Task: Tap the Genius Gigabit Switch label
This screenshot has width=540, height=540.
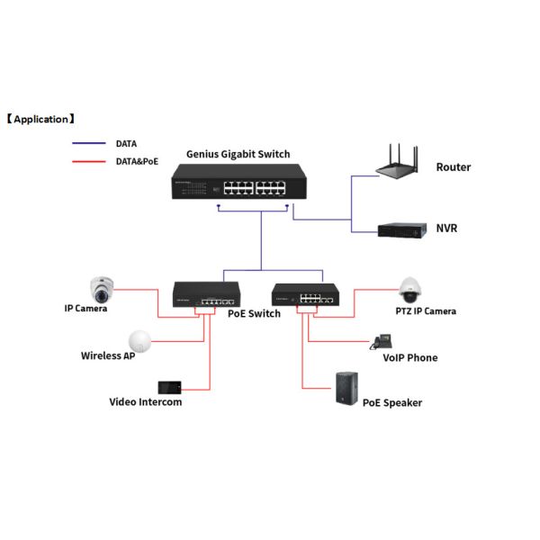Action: (238, 154)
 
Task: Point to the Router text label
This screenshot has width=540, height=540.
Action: (453, 167)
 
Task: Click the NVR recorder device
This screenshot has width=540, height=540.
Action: (400, 229)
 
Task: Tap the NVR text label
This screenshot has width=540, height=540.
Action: (446, 229)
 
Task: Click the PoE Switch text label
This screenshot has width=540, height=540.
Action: (253, 313)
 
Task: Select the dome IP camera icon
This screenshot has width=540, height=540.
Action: (102, 289)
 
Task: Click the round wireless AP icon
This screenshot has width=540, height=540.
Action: (139, 340)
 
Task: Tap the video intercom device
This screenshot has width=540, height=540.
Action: (170, 386)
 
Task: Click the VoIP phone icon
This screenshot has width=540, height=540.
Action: (382, 341)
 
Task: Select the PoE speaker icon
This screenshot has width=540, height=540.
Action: (347, 389)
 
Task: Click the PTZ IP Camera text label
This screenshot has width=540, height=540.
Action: (426, 311)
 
